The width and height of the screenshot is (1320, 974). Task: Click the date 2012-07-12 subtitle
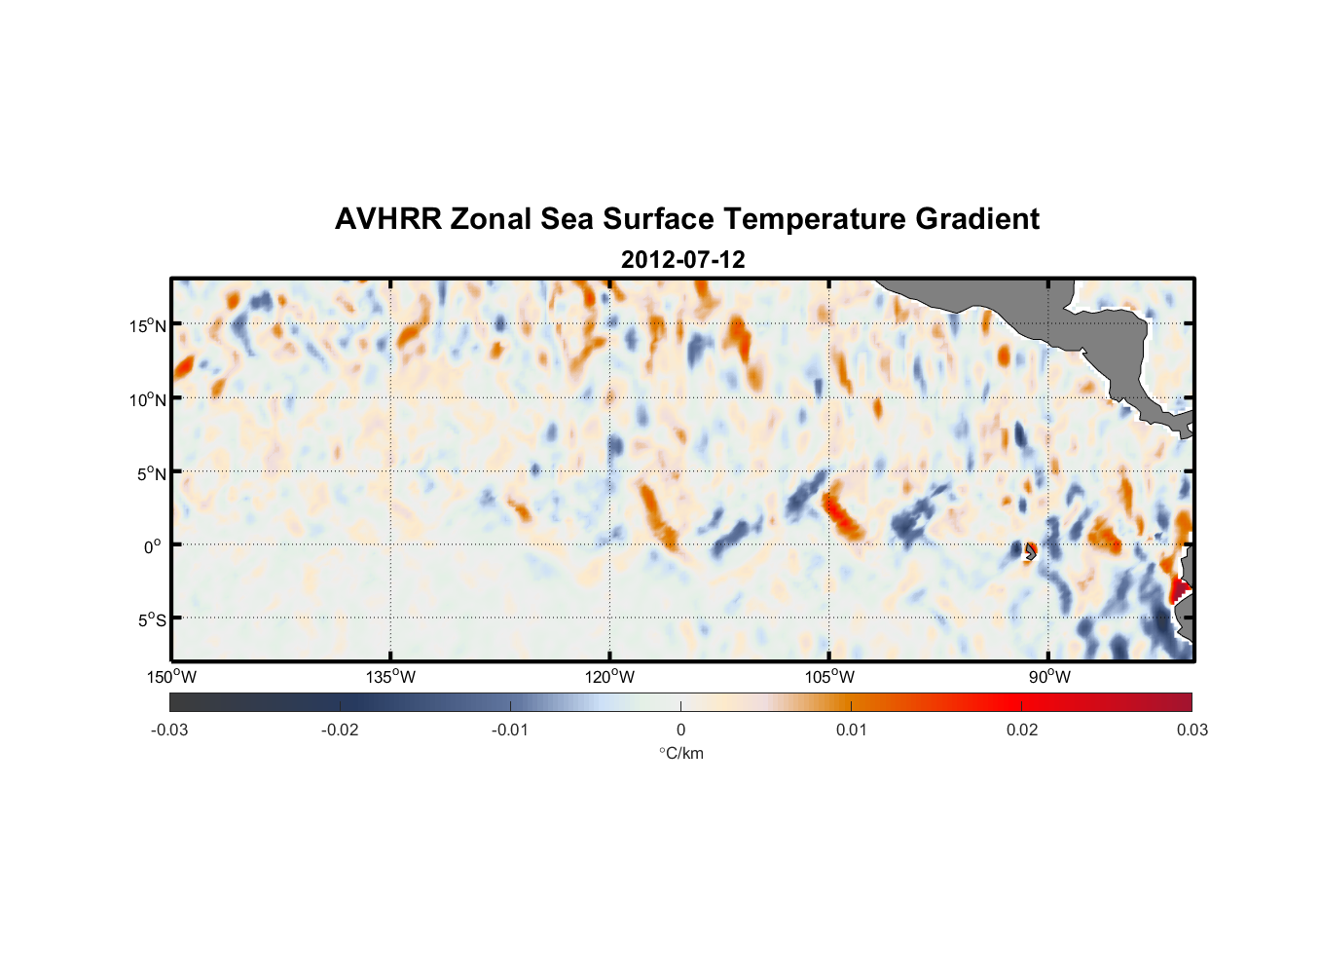[x=682, y=260]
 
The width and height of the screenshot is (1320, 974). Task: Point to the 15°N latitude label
[x=148, y=325]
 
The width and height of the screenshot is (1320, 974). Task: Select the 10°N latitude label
[x=148, y=399]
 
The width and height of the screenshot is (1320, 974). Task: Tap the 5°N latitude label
[x=151, y=473]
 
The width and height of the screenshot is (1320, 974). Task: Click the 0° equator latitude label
[x=153, y=546]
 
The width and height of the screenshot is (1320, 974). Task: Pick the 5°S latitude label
[x=151, y=620]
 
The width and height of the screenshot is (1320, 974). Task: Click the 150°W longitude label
[x=171, y=677]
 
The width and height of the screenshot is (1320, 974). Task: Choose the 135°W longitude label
[x=390, y=677]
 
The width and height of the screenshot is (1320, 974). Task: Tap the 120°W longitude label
[x=609, y=677]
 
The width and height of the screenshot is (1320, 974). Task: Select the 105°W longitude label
[x=829, y=677]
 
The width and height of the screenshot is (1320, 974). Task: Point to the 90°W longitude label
[x=1049, y=677]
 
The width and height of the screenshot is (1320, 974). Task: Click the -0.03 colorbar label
[x=169, y=730]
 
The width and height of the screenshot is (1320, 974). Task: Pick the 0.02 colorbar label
[x=1022, y=730]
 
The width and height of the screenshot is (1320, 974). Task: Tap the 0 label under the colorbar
[x=680, y=730]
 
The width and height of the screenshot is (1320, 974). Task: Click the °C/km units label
[x=680, y=753]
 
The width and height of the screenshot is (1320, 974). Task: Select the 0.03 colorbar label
[x=1192, y=730]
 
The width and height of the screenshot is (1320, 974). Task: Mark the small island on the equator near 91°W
[x=1029, y=552]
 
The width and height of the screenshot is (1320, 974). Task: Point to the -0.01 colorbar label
[x=510, y=730]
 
